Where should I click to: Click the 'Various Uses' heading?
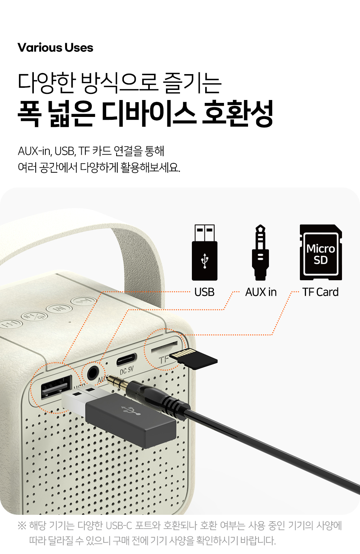(55, 47)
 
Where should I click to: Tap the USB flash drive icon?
(204, 252)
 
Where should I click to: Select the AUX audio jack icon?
(260, 252)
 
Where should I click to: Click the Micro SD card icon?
(321, 252)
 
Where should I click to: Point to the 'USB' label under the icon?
(204, 292)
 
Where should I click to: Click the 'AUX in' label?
(261, 292)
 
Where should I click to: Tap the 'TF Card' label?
(320, 292)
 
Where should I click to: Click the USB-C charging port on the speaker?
(126, 359)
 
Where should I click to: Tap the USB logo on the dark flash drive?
(131, 410)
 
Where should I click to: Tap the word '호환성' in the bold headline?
(238, 114)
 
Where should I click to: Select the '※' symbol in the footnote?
(22, 526)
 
